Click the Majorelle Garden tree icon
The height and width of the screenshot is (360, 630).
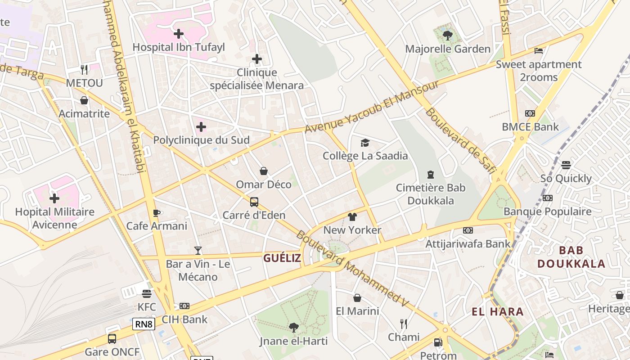(x=447, y=35)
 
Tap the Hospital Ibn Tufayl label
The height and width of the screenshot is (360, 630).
(x=179, y=47)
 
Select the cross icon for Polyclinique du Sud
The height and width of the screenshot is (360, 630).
(x=201, y=127)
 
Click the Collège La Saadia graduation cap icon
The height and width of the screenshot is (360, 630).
(x=365, y=143)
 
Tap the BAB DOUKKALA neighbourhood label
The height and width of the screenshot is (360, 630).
(x=571, y=257)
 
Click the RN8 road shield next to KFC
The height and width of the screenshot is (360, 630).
(x=144, y=324)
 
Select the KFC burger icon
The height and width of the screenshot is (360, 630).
(x=146, y=294)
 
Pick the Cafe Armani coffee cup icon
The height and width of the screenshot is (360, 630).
(x=157, y=213)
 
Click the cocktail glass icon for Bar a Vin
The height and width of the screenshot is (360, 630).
(x=198, y=251)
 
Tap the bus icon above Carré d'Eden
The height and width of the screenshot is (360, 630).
(x=254, y=202)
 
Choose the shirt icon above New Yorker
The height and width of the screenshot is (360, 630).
(x=352, y=217)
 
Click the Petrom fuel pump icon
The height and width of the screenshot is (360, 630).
(x=438, y=342)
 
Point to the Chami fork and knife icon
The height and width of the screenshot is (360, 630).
(x=404, y=324)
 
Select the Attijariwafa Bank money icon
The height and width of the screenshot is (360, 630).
(x=468, y=230)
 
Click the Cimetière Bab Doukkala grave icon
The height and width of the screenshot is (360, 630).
(x=431, y=175)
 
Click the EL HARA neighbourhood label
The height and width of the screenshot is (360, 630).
(x=497, y=311)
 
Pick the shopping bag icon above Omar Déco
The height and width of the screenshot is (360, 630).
(x=264, y=171)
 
